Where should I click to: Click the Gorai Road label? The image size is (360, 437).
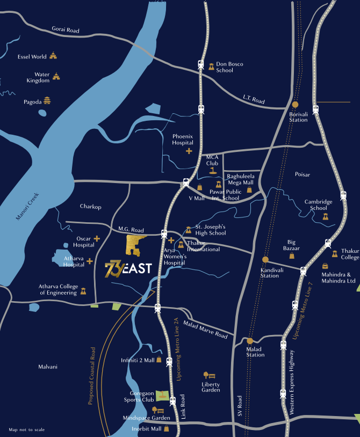point(66,31)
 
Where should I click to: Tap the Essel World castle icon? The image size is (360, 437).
point(53,56)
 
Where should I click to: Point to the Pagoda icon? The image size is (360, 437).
point(47,100)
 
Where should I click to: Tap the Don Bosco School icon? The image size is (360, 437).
point(212,67)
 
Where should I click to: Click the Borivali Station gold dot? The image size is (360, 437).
point(294,105)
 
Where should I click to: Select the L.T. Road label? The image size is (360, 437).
point(254,100)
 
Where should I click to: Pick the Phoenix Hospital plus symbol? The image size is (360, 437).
point(189,151)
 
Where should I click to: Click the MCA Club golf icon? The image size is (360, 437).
point(213,171)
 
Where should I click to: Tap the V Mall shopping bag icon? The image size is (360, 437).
point(199,187)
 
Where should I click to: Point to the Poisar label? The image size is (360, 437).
point(303,174)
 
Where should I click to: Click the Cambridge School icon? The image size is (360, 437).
point(325,216)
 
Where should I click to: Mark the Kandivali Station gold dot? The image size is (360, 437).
point(265,259)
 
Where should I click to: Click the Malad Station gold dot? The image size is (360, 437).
point(250,340)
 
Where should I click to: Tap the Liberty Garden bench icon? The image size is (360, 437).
point(207,375)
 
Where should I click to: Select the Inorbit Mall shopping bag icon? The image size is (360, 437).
point(167,428)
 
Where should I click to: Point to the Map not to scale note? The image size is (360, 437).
point(27,429)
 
